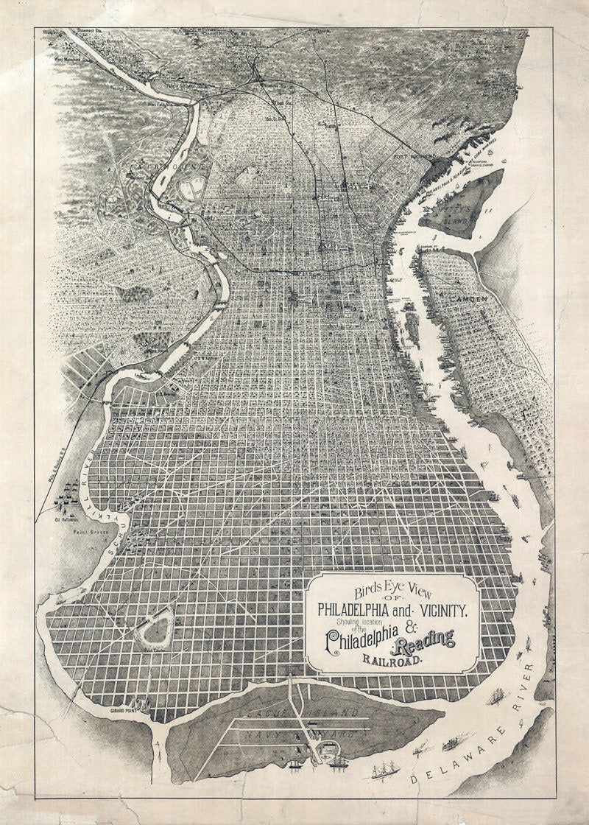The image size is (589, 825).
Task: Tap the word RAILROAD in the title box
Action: click(x=391, y=660)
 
